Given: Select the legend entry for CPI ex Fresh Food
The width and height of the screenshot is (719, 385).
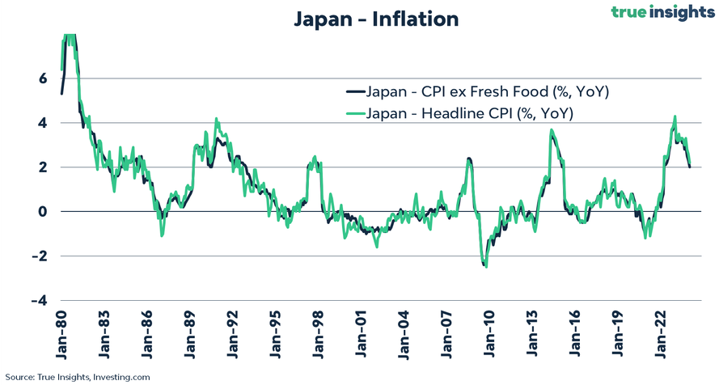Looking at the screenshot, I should (487, 91).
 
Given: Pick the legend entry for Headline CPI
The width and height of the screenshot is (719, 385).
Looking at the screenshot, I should (470, 114).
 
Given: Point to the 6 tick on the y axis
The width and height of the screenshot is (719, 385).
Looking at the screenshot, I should (43, 78).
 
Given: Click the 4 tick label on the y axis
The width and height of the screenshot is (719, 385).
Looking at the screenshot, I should (43, 123).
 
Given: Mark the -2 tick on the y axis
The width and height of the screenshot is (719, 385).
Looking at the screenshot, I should (40, 256).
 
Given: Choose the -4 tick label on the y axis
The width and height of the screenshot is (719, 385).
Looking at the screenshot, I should (40, 301).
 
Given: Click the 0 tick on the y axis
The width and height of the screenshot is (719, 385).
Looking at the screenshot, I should (43, 212).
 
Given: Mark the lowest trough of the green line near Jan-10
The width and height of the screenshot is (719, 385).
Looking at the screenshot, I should (486, 267).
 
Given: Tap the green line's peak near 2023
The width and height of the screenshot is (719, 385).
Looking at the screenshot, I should (675, 116).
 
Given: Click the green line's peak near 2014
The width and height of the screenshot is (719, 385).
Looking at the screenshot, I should (551, 129).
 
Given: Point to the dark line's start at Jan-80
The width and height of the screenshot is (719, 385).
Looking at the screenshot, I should (61, 94).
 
